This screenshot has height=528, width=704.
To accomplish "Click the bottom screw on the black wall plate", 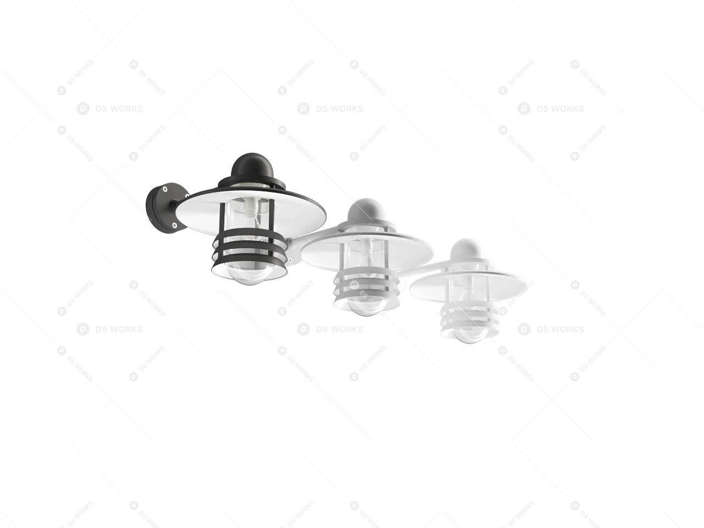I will (x=174, y=224).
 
